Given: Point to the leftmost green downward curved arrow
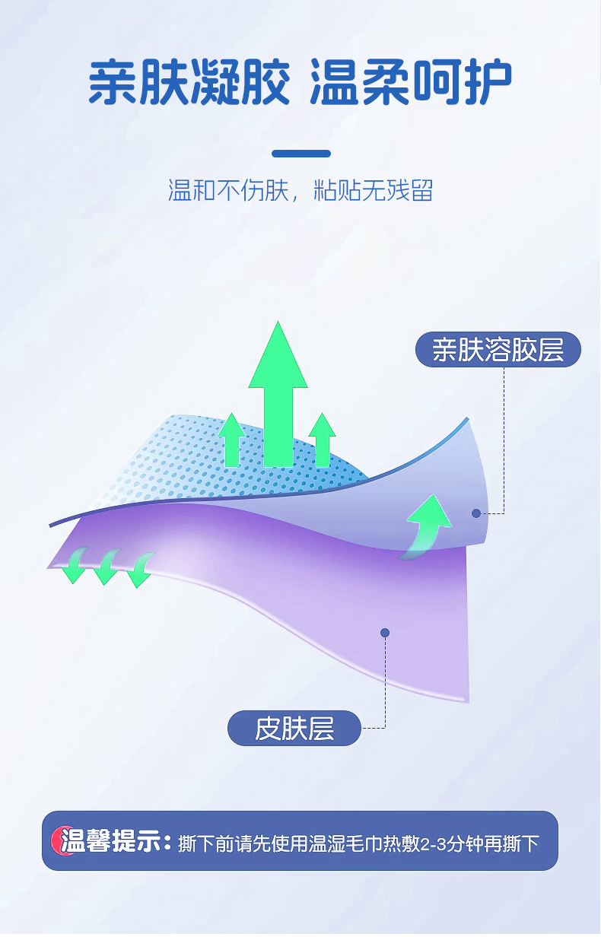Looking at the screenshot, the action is (74, 566).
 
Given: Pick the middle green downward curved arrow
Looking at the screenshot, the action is (106, 567).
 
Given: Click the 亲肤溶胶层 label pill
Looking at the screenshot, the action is (498, 351).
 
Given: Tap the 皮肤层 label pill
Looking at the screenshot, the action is (294, 729).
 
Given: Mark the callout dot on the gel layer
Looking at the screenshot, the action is (476, 513).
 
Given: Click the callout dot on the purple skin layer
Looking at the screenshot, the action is (385, 633).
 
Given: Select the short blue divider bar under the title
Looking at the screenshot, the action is (301, 154).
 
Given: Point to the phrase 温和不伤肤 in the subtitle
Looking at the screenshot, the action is (228, 190).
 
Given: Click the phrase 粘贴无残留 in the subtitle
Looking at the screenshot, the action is (374, 190).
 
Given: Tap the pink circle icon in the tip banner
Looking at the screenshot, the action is (59, 840).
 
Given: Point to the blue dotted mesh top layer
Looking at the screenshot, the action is (190, 456).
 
